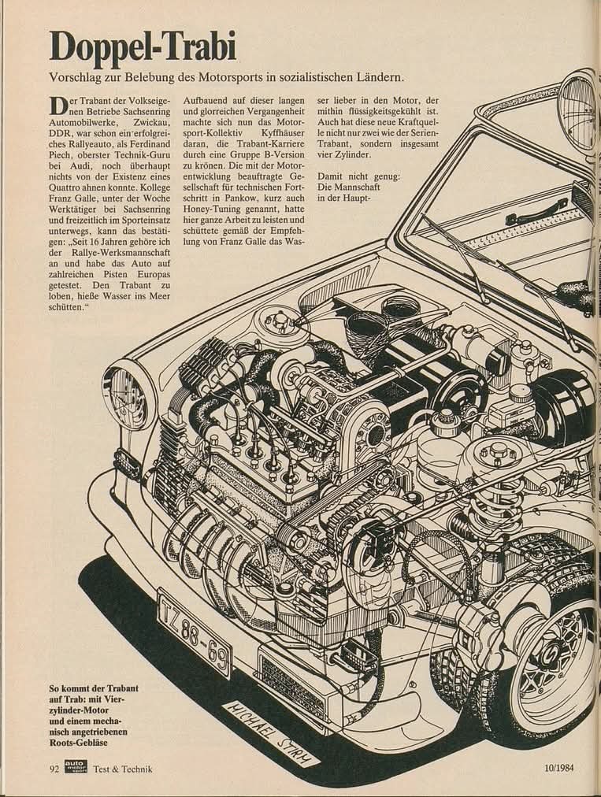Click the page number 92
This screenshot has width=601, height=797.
pos(51,769)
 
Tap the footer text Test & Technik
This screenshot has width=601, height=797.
pos(122,769)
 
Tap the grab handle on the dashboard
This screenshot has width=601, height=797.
pos(536,211)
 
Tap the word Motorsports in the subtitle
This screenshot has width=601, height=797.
pos(272,79)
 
